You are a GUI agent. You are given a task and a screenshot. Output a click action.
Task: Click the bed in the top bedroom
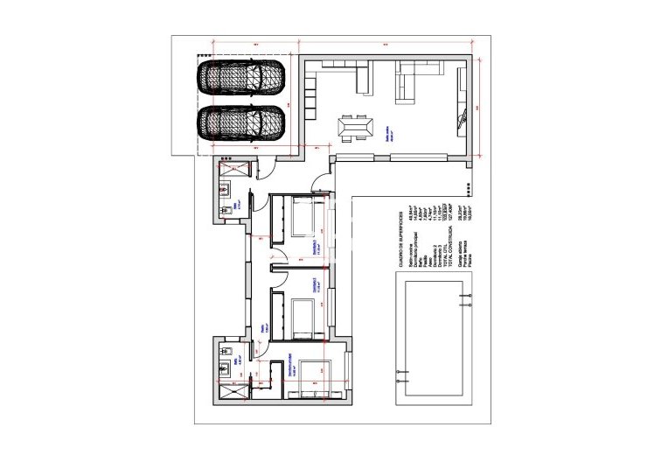click(x=305, y=219)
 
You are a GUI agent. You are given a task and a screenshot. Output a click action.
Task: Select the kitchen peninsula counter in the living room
click(x=364, y=80)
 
